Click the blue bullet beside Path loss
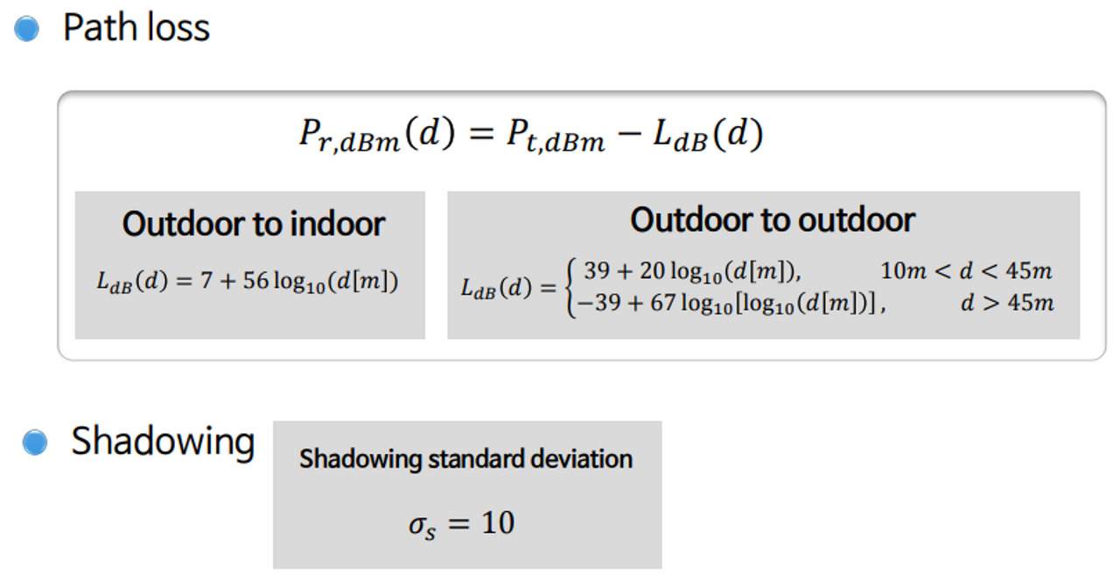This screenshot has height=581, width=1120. [x=27, y=29]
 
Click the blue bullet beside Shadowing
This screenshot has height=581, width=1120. [x=34, y=442]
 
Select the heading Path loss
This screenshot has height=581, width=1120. [x=136, y=28]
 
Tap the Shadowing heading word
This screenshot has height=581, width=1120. [x=163, y=441]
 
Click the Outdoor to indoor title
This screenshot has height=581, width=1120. [x=253, y=224]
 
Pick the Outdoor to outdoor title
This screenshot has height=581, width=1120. [x=773, y=220]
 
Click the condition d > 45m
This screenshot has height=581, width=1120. [x=1006, y=303]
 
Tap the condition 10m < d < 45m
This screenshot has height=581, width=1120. [x=966, y=271]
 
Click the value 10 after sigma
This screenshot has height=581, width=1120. [x=497, y=523]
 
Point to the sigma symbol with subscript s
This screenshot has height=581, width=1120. [x=420, y=525]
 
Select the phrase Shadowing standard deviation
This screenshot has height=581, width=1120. [x=465, y=459]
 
